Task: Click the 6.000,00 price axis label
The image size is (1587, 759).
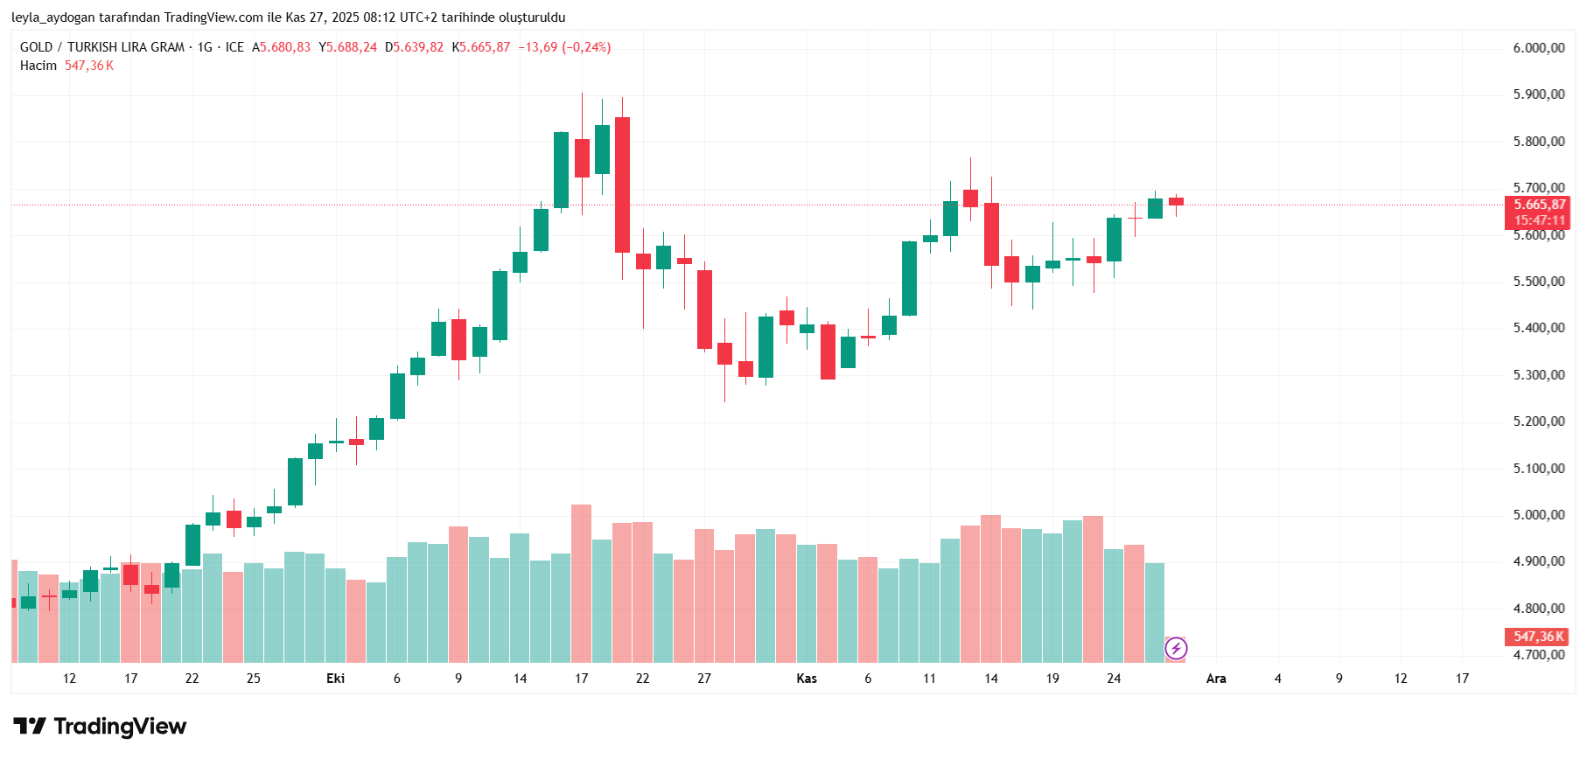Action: coord(1538,48)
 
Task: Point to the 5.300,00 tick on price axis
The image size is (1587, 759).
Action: coord(1538,375)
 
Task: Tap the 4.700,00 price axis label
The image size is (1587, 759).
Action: coord(1538,655)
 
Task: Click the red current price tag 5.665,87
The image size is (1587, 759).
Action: coord(1539,205)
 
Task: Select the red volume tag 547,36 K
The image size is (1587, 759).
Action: coord(1538,637)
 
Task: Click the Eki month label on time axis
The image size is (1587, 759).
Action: coord(335,679)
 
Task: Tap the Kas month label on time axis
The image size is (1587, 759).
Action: coord(807,679)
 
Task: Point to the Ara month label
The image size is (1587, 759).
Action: coord(1216,679)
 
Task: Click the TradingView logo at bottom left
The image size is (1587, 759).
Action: coord(100,727)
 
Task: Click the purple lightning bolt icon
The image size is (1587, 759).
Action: coord(1176,648)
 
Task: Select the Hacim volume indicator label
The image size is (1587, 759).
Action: coord(38,66)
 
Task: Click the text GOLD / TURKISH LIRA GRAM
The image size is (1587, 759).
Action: coord(102,47)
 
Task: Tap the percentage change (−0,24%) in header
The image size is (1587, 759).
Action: coord(586,47)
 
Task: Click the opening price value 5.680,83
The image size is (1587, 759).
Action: coord(284,47)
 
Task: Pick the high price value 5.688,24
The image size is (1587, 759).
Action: coord(352,47)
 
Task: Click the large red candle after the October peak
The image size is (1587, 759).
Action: coord(622,185)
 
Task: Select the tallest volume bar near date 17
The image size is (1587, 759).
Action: coord(581,582)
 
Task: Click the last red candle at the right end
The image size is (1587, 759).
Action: coord(1176,201)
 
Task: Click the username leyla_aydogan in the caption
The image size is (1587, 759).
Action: coord(53,17)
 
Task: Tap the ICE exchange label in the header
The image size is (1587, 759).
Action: coord(234,47)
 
